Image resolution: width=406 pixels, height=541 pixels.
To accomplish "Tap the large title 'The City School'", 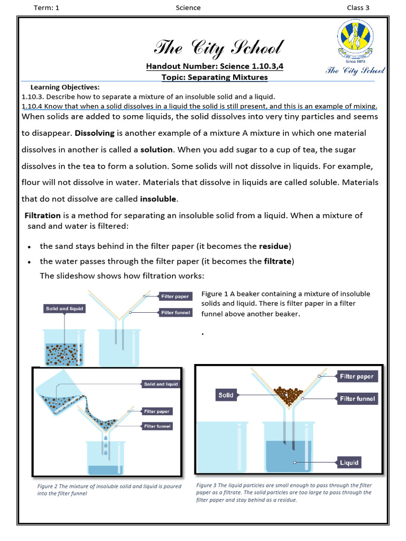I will pyautogui.click(x=218, y=48).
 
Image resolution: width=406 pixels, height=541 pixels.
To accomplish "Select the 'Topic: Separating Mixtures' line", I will pyautogui.click(x=215, y=77).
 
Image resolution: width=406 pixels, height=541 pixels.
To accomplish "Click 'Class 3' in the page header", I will pyautogui.click(x=358, y=7).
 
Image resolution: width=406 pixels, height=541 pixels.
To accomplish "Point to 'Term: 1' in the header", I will pyautogui.click(x=47, y=7).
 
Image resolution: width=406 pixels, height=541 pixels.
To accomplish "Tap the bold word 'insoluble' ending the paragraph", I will pyautogui.click(x=159, y=199).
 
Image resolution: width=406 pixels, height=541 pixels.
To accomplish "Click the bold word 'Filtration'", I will pyautogui.click(x=43, y=216).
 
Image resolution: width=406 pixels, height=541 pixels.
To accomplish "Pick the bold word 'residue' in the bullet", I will pyautogui.click(x=273, y=246).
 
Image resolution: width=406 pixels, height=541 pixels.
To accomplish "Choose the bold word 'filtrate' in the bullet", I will pyautogui.click(x=278, y=261).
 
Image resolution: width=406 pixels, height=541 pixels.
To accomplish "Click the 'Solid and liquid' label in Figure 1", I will pyautogui.click(x=64, y=309).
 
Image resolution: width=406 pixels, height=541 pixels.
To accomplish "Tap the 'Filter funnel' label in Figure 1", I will pyautogui.click(x=175, y=313).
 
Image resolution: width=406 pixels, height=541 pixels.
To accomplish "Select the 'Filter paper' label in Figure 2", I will pyautogui.click(x=157, y=411).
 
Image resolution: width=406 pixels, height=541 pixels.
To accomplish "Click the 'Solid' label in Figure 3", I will pyautogui.click(x=226, y=395).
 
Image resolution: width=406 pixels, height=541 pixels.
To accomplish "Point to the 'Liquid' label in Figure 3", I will pyautogui.click(x=349, y=463).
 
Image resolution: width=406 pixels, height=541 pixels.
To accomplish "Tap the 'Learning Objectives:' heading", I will pyautogui.click(x=65, y=87).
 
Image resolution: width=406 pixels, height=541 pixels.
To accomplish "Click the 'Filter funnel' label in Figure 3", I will pyautogui.click(x=357, y=399).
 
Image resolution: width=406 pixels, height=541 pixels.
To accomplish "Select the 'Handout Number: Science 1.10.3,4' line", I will pyautogui.click(x=218, y=67).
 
